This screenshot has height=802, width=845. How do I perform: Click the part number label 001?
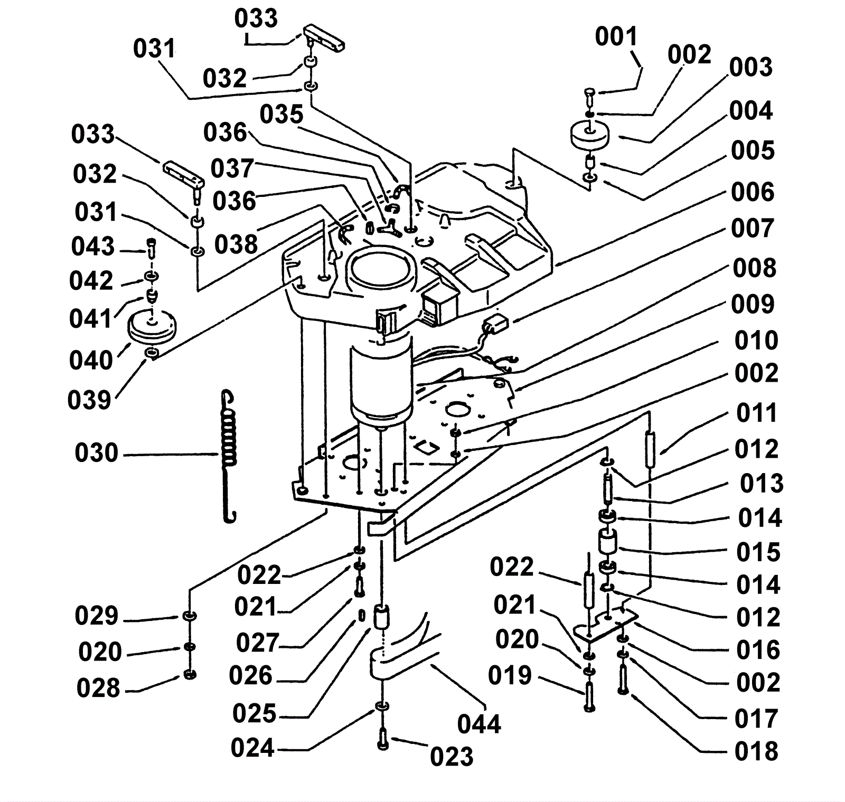(x=616, y=37)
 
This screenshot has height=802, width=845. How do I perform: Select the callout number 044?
(x=478, y=723)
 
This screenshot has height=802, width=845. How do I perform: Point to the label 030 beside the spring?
(x=96, y=454)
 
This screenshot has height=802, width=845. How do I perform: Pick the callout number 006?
(x=753, y=192)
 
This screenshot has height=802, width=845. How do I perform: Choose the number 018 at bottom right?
(x=756, y=751)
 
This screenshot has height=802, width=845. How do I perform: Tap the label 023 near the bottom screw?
(x=452, y=757)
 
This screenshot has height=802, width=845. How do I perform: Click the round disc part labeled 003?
(x=590, y=134)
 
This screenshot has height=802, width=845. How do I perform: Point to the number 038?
(x=236, y=244)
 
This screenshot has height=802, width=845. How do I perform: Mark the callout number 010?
(x=756, y=341)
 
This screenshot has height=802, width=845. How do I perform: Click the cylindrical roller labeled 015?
(x=607, y=543)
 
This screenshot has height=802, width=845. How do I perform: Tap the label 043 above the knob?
(x=93, y=247)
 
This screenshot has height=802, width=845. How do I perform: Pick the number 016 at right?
(x=758, y=650)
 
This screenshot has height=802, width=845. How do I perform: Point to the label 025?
(x=255, y=714)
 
